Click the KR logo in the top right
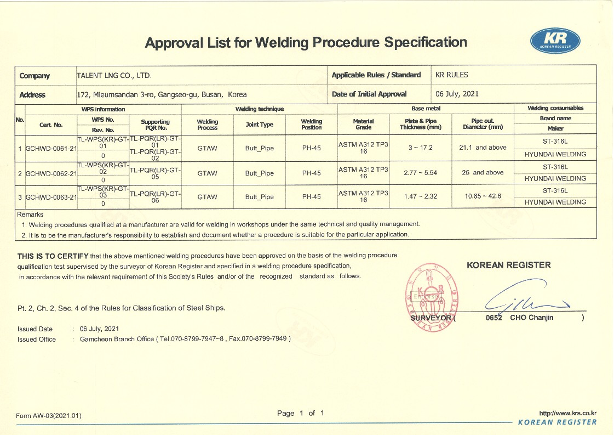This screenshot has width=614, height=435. tap(555, 41)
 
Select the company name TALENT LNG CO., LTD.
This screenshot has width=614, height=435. tap(114, 75)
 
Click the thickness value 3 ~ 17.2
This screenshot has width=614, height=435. tap(420, 148)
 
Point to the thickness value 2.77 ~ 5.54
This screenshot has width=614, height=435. tap(420, 173)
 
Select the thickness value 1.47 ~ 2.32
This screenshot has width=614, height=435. tap(420, 196)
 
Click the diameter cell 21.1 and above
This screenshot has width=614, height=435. tap(483, 148)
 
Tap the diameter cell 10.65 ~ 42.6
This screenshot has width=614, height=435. tap(483, 196)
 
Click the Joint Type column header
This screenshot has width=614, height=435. tap(259, 125)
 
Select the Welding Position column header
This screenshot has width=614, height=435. tap(311, 124)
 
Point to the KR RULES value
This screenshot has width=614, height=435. tap(452, 75)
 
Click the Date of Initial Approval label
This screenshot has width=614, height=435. tap(369, 94)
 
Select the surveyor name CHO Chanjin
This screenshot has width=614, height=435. tap(531, 318)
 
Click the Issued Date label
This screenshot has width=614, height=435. tap(35, 329)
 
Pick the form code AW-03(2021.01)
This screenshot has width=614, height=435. tap(49, 416)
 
